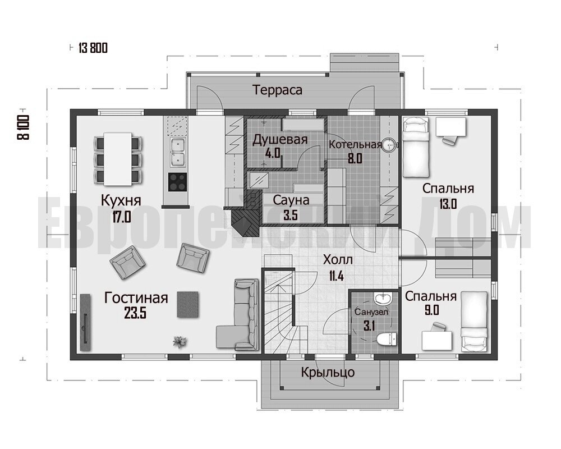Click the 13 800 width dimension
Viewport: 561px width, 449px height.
[93, 48]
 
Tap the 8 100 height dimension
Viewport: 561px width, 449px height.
[23, 127]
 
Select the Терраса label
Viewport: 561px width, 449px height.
[277, 90]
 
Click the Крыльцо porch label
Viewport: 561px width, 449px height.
[328, 372]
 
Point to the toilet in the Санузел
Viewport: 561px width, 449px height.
[387, 338]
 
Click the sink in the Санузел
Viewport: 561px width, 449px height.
[383, 298]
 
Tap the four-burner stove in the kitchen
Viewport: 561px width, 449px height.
[177, 182]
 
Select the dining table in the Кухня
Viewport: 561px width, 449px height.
[118, 159]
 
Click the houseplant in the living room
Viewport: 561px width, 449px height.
[180, 342]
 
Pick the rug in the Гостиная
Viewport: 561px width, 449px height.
[187, 304]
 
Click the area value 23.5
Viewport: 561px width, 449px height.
[135, 314]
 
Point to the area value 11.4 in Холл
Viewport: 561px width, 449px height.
[336, 276]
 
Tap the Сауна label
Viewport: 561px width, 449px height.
[291, 200]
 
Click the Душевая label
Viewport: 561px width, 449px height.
[280, 139]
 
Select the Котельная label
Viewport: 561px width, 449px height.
[355, 145]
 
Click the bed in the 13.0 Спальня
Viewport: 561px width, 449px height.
[416, 148]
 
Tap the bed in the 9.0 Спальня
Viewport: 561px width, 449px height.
[474, 321]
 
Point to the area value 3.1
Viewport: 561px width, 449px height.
[369, 326]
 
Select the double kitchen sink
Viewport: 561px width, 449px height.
[177, 152]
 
